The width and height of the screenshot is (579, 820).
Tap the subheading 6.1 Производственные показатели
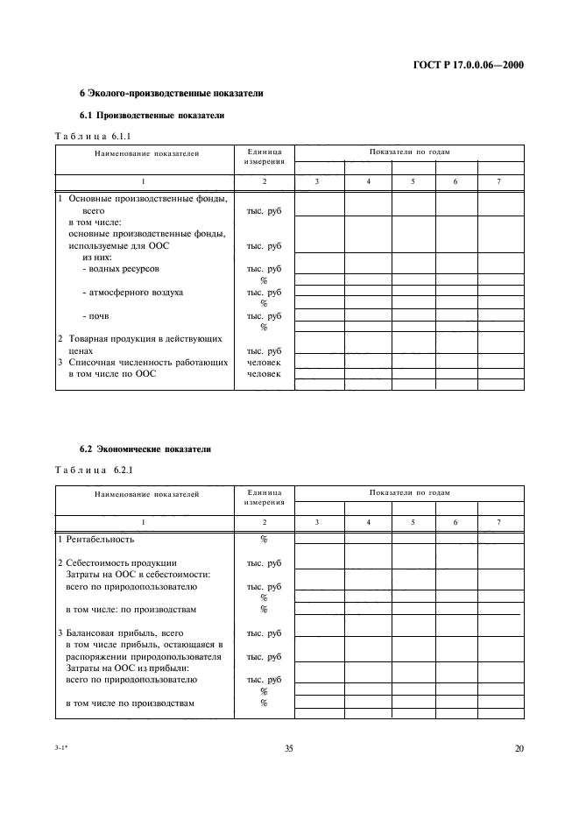[152, 115]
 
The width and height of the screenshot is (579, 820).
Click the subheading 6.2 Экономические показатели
[145, 449]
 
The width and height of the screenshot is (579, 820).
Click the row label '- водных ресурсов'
[121, 269]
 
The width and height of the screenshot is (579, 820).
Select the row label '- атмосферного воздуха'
[132, 292]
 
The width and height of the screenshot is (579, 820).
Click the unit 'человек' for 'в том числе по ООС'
[264, 373]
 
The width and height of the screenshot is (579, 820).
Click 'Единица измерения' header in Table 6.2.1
[264, 498]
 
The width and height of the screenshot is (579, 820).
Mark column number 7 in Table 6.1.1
[498, 180]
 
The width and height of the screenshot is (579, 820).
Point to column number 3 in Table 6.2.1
[318, 522]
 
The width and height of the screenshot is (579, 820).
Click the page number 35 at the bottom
[289, 747]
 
